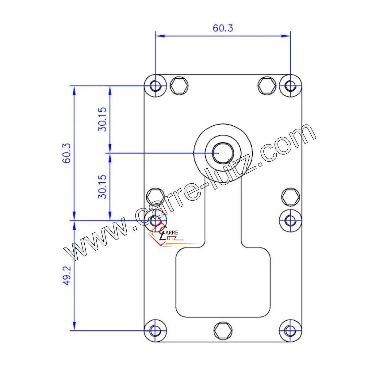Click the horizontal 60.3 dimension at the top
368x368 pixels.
[223, 28]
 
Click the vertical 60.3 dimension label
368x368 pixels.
[67, 153]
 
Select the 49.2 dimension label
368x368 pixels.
[67, 276]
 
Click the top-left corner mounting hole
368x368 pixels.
[156, 86]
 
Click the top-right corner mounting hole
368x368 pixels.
[290, 86]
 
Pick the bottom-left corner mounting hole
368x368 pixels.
[156, 331]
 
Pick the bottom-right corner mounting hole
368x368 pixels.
[290, 331]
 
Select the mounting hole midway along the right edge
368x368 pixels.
[290, 220]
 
